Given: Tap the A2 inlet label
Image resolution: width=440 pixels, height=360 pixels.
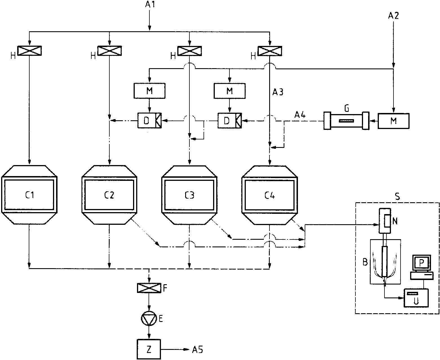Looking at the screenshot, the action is click(393, 16).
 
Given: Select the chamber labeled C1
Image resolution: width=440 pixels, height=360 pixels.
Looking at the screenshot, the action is click(29, 195).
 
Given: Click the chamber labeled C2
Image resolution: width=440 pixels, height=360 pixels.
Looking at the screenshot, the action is click(109, 195).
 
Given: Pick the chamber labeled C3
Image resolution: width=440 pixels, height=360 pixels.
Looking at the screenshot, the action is click(189, 195).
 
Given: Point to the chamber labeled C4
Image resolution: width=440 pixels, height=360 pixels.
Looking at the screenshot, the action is click(269, 195).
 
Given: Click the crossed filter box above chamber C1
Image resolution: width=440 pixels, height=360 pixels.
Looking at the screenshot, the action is click(29, 51).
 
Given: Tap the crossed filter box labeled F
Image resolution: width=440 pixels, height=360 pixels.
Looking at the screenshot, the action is click(149, 288).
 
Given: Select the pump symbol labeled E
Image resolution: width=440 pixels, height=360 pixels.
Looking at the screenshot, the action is click(149, 318).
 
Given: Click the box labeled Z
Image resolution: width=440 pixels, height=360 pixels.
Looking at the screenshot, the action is click(149, 349).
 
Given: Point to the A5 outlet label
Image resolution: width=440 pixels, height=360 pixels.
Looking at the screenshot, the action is click(197, 350).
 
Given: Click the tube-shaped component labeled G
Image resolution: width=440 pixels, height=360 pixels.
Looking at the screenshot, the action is click(346, 121).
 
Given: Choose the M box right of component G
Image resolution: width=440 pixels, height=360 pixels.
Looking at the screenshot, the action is click(393, 121).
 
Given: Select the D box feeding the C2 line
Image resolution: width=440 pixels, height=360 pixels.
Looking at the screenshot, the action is click(149, 121).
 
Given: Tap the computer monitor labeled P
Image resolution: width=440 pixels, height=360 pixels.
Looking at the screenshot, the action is click(421, 263).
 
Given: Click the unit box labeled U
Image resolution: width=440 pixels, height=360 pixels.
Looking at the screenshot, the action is click(416, 298).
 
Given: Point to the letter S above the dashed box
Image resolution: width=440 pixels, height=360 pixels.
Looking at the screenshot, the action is click(397, 196).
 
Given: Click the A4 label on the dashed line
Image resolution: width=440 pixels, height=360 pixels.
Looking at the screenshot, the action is click(300, 114).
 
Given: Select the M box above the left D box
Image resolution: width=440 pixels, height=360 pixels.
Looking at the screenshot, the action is click(149, 91).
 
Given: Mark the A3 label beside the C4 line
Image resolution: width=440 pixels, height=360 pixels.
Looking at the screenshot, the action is click(278, 92).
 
